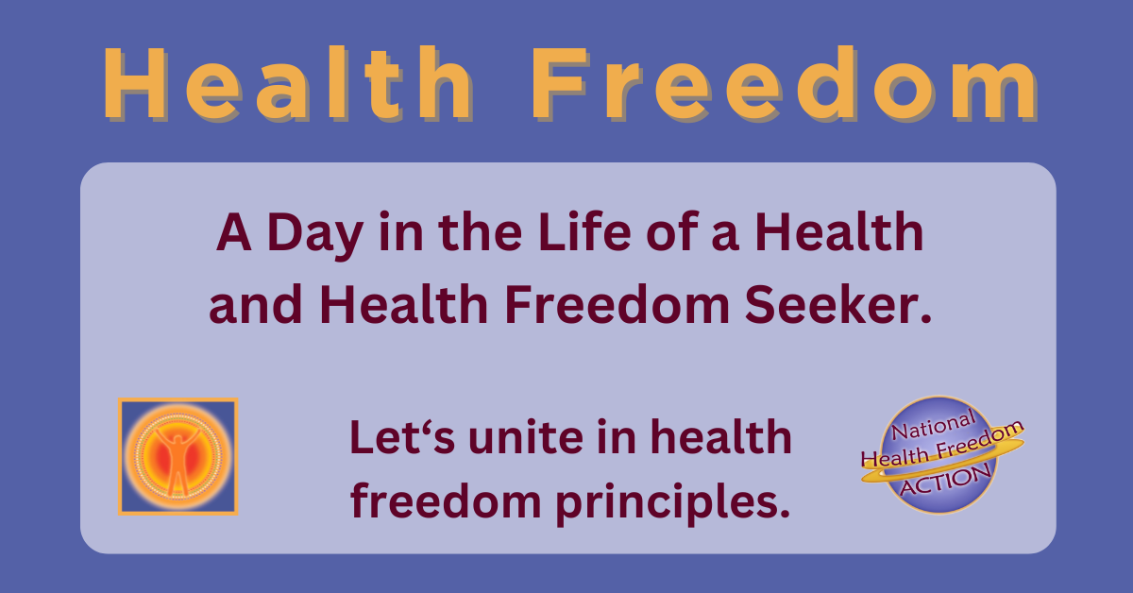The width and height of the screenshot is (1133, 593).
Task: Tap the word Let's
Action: coord(387,438)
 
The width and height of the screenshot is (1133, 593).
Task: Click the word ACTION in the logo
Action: coord(944,480)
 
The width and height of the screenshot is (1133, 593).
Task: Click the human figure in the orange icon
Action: coord(178,459)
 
